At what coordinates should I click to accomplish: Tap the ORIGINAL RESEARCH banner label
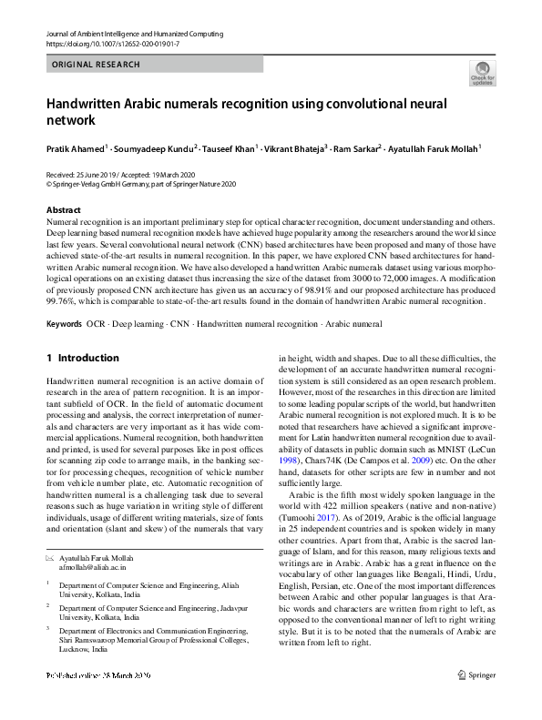click(97, 65)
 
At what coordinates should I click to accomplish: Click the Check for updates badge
click(482, 74)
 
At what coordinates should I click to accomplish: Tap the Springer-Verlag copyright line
click(141, 183)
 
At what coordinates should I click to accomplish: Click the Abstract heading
click(64, 210)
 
